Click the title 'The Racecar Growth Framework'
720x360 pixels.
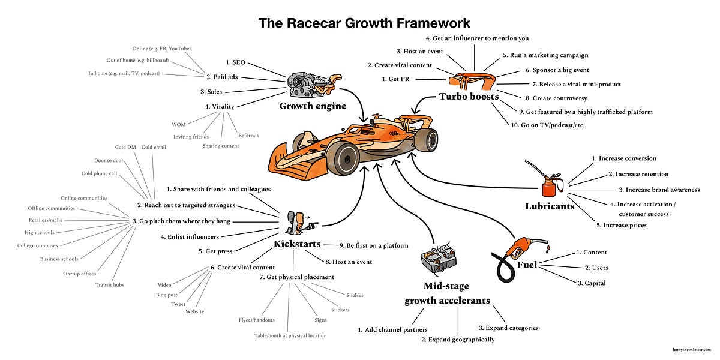[x=364, y=23]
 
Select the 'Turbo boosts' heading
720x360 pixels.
[x=469, y=96]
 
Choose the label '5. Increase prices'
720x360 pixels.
[x=621, y=225]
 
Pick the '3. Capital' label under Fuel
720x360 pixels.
[x=591, y=283]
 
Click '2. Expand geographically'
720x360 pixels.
[x=458, y=340]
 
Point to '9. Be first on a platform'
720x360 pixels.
[x=373, y=245]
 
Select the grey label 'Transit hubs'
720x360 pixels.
[x=109, y=285]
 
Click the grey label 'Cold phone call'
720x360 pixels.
[x=100, y=173]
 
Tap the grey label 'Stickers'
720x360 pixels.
[x=340, y=310]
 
